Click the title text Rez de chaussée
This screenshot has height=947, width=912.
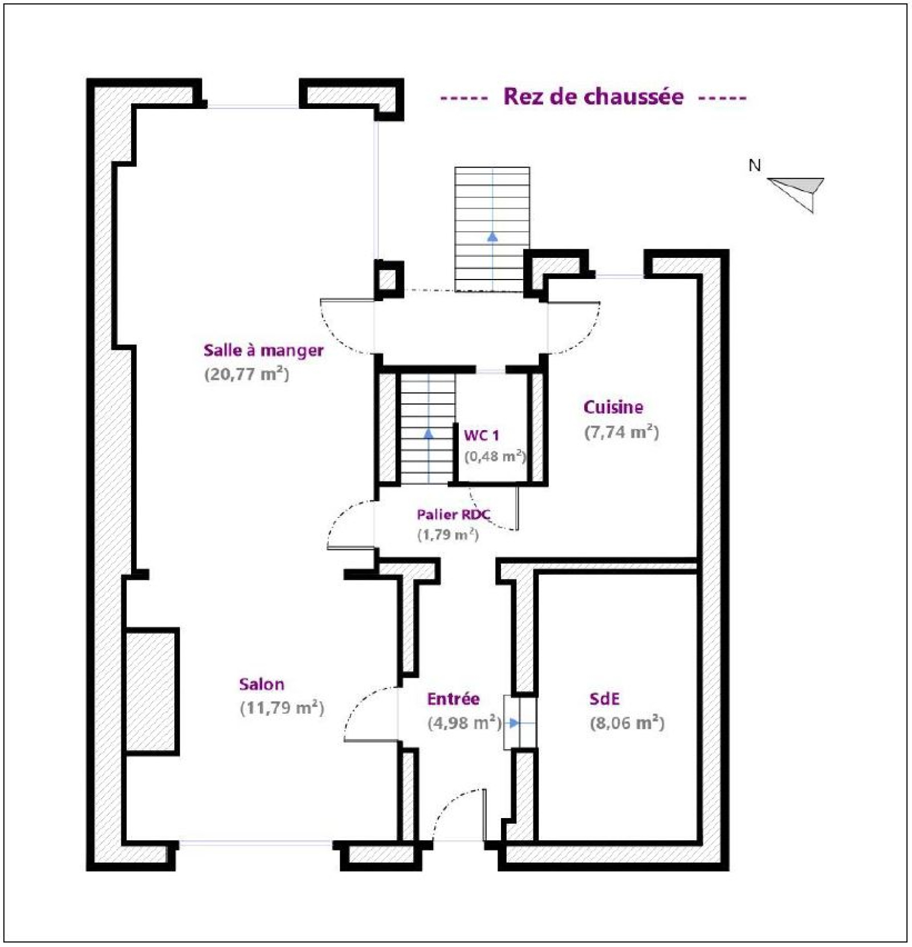coord(593,96)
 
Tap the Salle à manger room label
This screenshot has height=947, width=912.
coord(263,350)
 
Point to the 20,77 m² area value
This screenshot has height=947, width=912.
coord(247,374)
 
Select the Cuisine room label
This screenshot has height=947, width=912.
coord(613,407)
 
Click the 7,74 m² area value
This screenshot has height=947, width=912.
coord(621,432)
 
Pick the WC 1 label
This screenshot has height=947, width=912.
coord(482,435)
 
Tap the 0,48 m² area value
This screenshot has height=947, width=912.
coord(495,456)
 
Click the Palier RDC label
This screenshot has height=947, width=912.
coord(453,515)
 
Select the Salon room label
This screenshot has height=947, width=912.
coord(262,684)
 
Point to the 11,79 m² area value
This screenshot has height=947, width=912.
coord(282,708)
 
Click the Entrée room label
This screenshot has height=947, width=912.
coord(453,698)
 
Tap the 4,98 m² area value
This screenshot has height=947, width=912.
coord(465,723)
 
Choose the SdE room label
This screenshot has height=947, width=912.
coord(604,698)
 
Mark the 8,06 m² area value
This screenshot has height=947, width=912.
coord(627,723)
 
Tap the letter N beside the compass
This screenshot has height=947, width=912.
coord(755,165)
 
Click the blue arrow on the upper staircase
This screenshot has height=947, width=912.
coord(492,237)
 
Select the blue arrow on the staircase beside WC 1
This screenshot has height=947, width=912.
coord(429,434)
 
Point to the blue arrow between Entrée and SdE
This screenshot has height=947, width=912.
coord(514,723)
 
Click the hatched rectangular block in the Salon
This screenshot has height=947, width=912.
coord(152,691)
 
